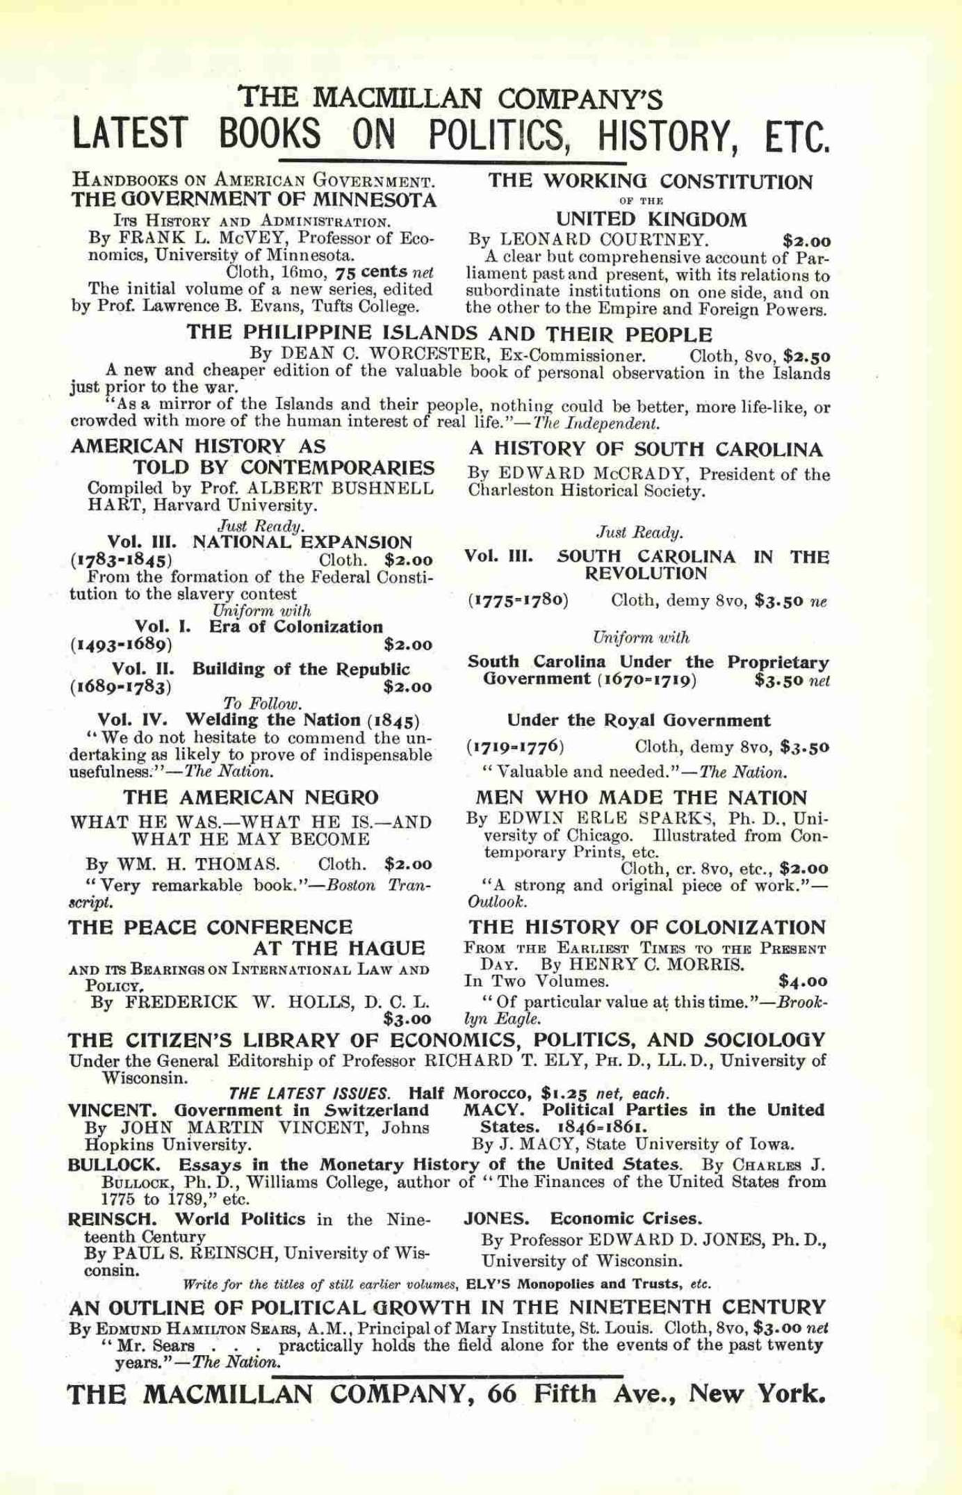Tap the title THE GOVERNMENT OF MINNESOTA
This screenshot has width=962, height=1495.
click(x=254, y=200)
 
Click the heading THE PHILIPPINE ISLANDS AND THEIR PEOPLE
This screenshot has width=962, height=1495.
click(x=449, y=333)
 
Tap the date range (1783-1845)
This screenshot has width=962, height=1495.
click(x=122, y=560)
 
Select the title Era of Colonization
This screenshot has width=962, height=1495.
click(x=296, y=627)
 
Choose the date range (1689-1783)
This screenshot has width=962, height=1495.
click(x=121, y=687)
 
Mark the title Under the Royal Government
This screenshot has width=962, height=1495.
click(x=639, y=720)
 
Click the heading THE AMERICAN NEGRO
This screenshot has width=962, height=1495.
click(x=251, y=797)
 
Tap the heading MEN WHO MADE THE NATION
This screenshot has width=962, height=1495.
click(x=642, y=798)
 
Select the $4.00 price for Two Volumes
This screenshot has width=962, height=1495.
click(x=804, y=982)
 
